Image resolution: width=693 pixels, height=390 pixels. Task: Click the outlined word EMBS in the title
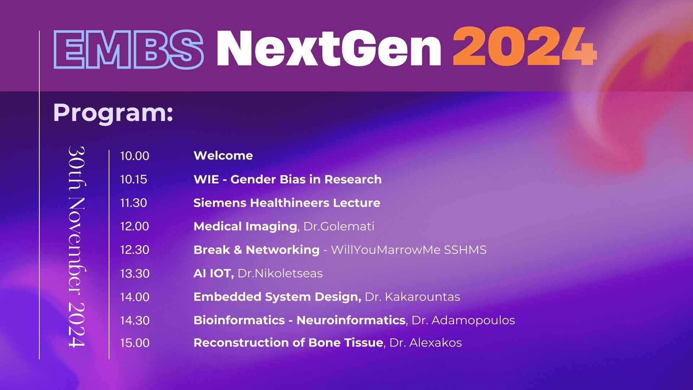coord(128,49)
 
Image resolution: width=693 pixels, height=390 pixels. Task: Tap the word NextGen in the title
coord(329,48)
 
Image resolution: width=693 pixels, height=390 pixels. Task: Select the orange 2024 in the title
coord(525,47)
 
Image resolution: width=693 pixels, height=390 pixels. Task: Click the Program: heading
coord(113,113)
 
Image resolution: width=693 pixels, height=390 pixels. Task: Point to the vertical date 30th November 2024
coord(77,247)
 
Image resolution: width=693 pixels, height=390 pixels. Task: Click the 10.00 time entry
coord(135,156)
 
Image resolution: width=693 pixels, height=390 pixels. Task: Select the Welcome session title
coord(223,156)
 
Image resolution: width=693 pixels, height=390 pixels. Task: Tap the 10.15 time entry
coord(134,179)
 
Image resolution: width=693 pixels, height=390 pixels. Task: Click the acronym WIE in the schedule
coord(206,179)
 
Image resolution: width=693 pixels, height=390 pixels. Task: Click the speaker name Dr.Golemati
coord(339,226)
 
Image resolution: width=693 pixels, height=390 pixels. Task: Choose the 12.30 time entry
coord(135,250)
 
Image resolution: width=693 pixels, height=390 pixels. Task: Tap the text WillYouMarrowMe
coord(385,250)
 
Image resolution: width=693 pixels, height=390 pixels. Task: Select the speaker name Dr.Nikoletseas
coord(280,273)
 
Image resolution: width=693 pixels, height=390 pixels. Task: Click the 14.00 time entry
coord(135,297)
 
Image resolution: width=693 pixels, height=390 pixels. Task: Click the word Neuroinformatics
coord(351,320)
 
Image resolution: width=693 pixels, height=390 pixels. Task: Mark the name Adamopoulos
coord(473,320)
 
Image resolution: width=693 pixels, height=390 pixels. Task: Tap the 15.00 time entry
coord(135,343)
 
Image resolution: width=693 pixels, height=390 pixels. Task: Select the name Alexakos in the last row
coord(436,343)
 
